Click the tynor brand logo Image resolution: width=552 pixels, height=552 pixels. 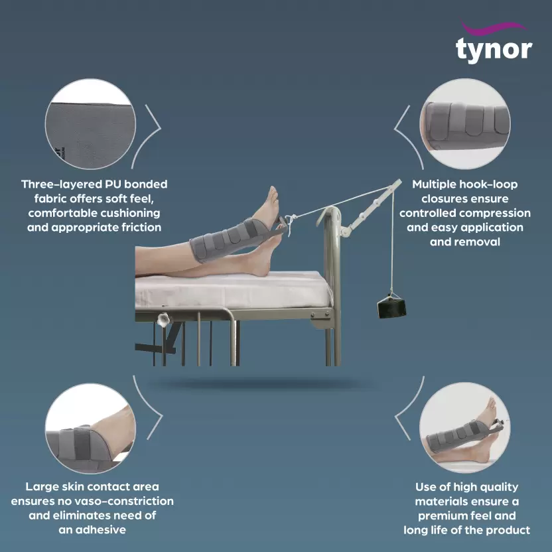pos(494,43)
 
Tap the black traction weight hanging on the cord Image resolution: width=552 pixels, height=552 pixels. pos(391,307)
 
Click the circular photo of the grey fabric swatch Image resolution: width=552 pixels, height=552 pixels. pos(90,124)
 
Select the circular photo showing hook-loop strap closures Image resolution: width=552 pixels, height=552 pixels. pos(465,124)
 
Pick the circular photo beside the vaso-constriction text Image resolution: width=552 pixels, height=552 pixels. pos(90,429)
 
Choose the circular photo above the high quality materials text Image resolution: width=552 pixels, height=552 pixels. pos(465,428)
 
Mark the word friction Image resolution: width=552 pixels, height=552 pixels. pos(141,228)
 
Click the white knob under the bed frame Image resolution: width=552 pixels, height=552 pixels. pos(163,320)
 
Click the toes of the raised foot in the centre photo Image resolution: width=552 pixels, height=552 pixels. pos(273,193)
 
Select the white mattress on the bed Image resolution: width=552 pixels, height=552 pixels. pos(234,291)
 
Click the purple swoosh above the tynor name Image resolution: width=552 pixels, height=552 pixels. pos(494,28)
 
